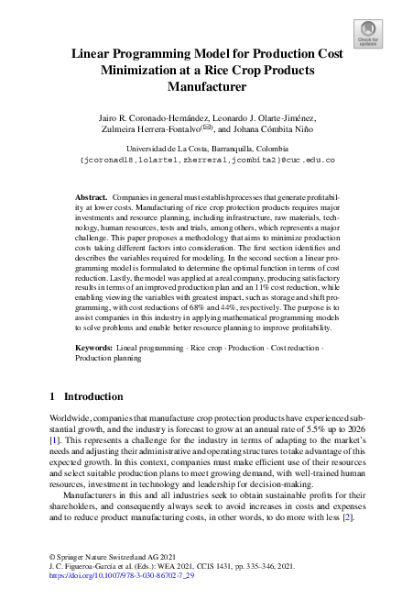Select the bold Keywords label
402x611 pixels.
tap(93, 349)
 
